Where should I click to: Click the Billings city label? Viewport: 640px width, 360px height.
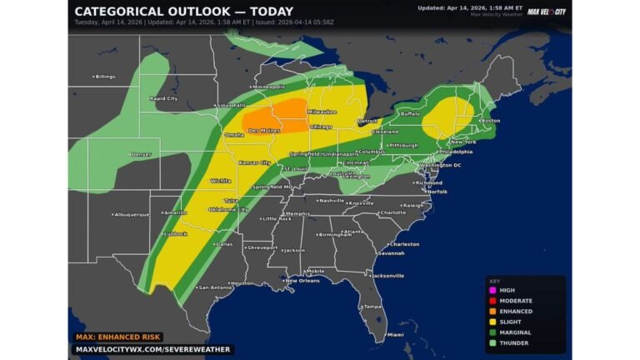(104, 77)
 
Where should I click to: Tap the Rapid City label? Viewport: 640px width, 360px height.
(162, 98)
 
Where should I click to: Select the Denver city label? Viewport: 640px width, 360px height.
(141, 154)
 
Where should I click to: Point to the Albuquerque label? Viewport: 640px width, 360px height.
(131, 214)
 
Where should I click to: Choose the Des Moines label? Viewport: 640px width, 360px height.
(264, 131)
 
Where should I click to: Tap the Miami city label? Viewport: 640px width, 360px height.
(394, 335)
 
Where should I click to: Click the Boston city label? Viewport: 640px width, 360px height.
(490, 121)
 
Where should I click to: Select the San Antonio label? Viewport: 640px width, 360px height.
(214, 287)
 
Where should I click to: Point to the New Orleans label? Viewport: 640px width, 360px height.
(302, 280)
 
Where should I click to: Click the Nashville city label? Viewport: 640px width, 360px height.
(331, 200)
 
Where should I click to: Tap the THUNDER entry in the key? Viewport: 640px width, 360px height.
(512, 342)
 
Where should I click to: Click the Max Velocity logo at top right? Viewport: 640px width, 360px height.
(547, 12)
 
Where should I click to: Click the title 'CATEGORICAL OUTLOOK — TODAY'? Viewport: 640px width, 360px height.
(183, 12)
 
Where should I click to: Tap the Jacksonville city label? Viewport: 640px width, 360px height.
(387, 275)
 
